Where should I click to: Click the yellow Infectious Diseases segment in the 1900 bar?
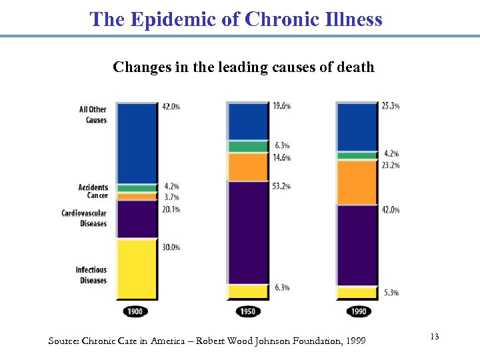(x=136, y=270)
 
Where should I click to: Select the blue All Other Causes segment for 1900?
(x=136, y=143)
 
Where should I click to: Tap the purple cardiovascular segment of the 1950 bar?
(x=247, y=232)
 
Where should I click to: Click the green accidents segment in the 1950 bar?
(x=247, y=146)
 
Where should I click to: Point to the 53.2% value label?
(x=281, y=187)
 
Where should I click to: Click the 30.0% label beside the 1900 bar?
(x=171, y=247)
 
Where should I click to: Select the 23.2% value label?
(x=391, y=165)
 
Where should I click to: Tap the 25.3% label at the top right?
(x=391, y=106)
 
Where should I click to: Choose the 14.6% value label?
(x=281, y=158)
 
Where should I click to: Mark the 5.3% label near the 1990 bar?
(x=390, y=293)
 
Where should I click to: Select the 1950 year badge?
(x=247, y=312)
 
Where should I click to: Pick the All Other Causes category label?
(x=93, y=115)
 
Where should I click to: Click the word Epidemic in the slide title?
(x=170, y=19)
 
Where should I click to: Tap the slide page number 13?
(x=434, y=337)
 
